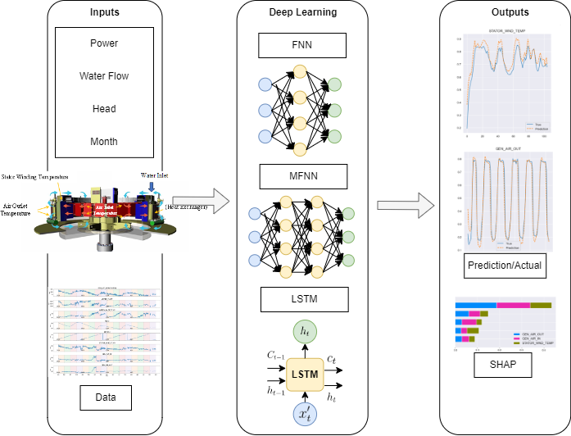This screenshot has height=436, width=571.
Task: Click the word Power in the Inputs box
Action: click(x=104, y=44)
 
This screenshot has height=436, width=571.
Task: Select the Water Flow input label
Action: click(x=104, y=76)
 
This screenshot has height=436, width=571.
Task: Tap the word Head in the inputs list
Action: click(x=104, y=109)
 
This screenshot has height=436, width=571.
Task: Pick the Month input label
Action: click(x=104, y=141)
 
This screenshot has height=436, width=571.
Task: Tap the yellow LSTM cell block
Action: click(x=304, y=375)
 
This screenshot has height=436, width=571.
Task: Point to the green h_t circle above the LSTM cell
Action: click(x=304, y=330)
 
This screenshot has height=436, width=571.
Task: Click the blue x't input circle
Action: click(x=304, y=418)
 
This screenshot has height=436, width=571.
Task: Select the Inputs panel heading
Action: click(x=104, y=13)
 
